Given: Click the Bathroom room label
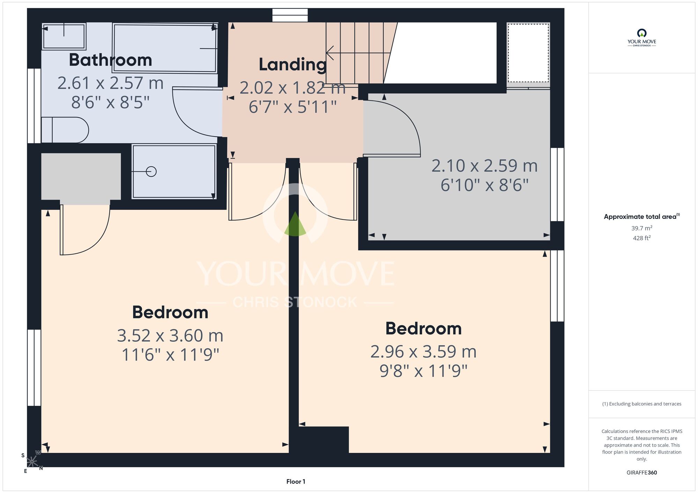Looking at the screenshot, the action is tap(110, 60).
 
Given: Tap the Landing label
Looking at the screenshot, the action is tap(292, 65).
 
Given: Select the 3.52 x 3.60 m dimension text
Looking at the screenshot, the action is tap(170, 335).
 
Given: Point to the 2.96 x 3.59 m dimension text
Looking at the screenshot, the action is tap(423, 351).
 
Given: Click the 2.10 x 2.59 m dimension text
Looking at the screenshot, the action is tap(484, 166).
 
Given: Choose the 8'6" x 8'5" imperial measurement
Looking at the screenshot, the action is tap(110, 103).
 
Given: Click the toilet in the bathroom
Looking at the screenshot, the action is tap(65, 130).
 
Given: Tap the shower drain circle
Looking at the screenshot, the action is tap(151, 172).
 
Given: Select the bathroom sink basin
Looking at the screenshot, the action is tap(64, 36).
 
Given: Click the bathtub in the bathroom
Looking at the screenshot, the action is tap(165, 48).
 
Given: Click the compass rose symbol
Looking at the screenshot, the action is tap(32, 462).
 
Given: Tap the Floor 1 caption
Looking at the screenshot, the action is tap(296, 481).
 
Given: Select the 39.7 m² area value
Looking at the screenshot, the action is tap(642, 228).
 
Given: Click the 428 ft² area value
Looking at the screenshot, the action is tap(642, 238).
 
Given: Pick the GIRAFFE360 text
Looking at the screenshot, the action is tap(642, 473).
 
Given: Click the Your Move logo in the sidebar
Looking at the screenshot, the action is tap(642, 38).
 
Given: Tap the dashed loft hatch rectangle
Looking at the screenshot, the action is tap(528, 53).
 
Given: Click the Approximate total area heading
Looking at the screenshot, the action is tap(642, 217).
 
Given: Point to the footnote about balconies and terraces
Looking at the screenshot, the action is tap(642, 404).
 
